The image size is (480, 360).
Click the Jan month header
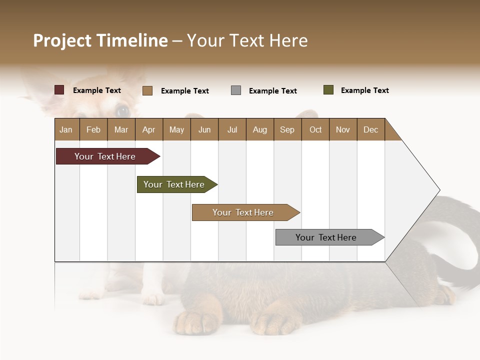click(x=66, y=129)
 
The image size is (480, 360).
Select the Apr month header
click(x=148, y=129)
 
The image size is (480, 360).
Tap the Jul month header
click(x=232, y=129)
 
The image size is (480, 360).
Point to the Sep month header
click(x=287, y=129)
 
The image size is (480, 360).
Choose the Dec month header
click(x=370, y=129)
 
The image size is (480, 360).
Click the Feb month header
click(x=93, y=129)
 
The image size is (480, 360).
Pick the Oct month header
click(x=315, y=129)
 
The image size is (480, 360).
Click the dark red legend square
click(x=59, y=90)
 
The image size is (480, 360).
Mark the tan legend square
click(x=147, y=90)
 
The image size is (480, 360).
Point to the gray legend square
click(x=236, y=90)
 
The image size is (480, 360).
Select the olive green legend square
click(x=328, y=90)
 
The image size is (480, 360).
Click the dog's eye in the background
click(x=121, y=110)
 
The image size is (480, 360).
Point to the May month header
click(x=176, y=129)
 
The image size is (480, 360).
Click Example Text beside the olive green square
click(x=364, y=90)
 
